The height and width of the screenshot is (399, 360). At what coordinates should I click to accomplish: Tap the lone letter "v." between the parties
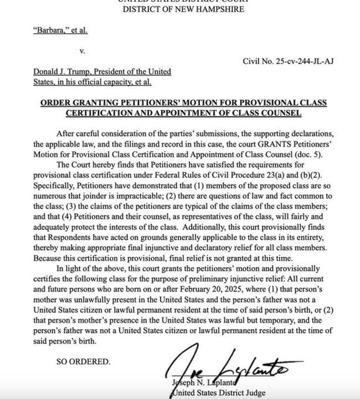(82, 50)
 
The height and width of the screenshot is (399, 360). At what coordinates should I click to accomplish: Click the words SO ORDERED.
(84, 361)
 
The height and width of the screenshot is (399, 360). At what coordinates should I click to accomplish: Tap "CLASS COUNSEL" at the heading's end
(267, 113)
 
